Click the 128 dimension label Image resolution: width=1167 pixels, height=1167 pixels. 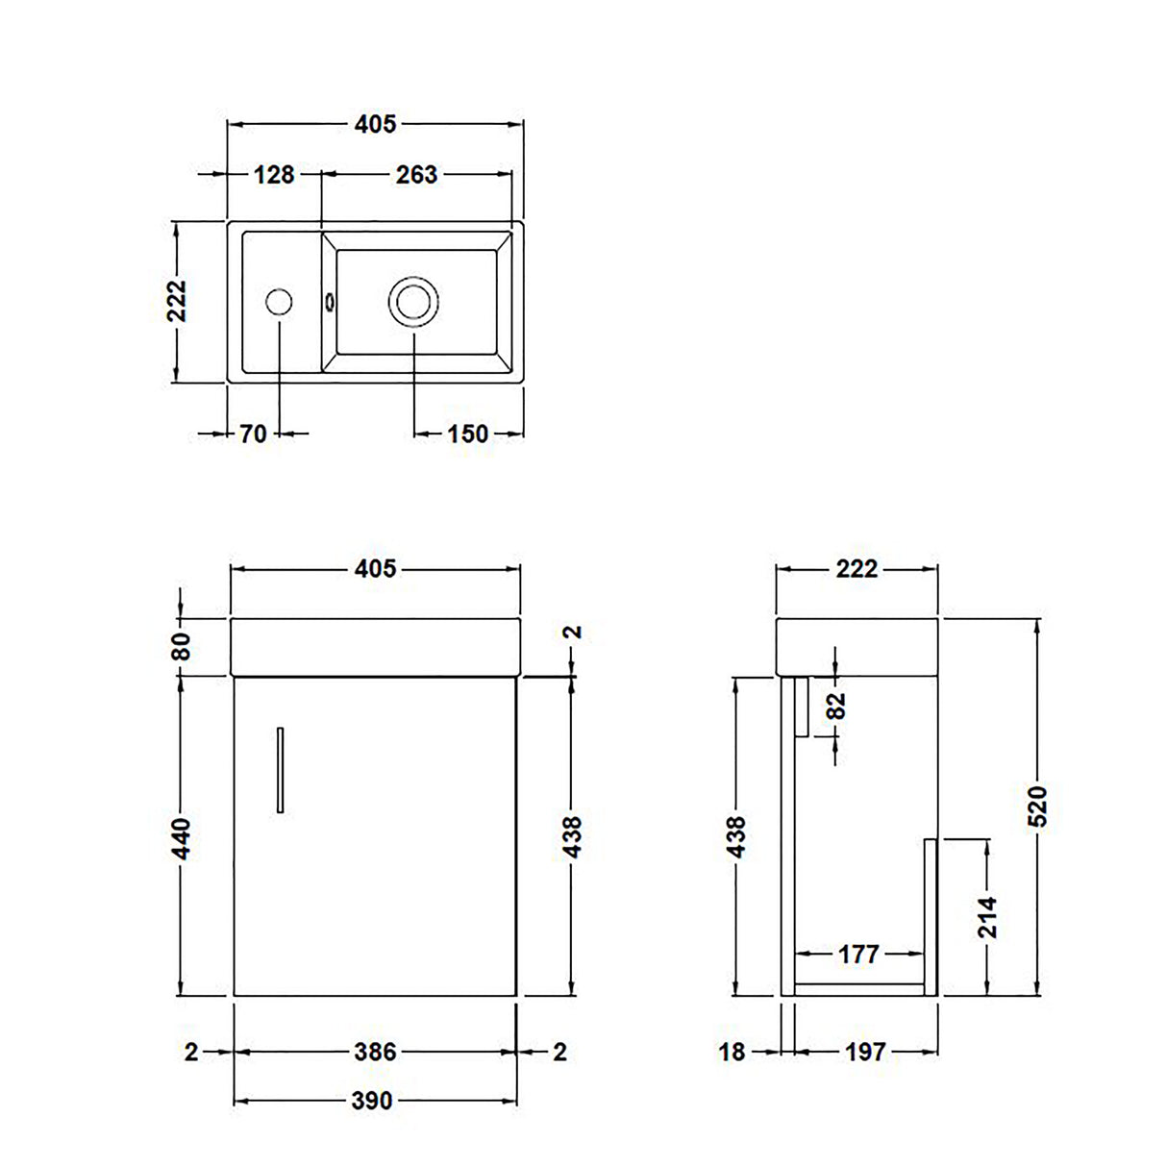274,175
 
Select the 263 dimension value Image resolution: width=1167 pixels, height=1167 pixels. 416,175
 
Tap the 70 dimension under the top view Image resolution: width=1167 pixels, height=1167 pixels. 253,435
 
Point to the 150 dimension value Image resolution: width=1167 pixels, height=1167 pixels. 468,435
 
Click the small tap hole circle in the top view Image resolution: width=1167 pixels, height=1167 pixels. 278,302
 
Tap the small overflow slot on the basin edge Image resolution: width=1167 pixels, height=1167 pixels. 330,302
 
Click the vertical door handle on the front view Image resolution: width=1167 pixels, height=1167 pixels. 280,769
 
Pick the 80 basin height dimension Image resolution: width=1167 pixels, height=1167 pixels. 182,645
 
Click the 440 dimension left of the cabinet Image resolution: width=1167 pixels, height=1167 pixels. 182,837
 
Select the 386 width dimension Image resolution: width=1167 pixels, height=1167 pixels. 374,1052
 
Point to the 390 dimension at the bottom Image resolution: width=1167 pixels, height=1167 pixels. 372,1100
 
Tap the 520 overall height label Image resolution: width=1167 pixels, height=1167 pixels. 1037,807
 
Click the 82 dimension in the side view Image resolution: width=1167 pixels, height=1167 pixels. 836,707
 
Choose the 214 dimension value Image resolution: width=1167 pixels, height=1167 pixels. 987,917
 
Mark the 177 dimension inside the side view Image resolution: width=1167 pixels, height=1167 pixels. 858,954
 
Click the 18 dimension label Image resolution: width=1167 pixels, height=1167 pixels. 732,1052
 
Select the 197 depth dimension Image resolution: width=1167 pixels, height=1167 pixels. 865,1052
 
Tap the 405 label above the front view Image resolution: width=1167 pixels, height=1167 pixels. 375,569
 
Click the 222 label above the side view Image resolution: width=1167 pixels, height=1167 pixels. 857,569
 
